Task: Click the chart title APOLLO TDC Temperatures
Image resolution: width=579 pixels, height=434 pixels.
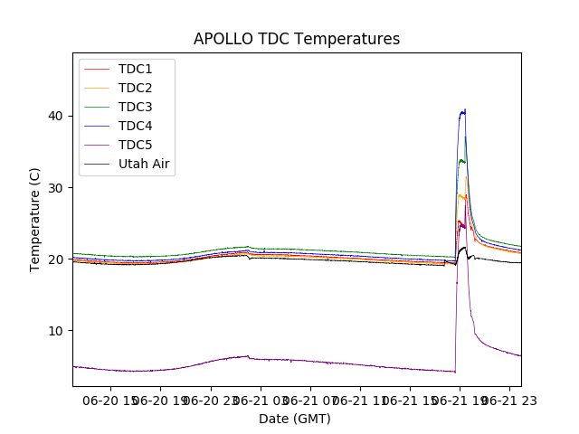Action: pyautogui.click(x=297, y=39)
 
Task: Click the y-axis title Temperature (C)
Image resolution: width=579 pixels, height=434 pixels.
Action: pyautogui.click(x=35, y=220)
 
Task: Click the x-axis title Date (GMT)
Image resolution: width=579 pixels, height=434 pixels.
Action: pyautogui.click(x=295, y=419)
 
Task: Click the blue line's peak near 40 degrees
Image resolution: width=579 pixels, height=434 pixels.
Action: pyautogui.click(x=464, y=110)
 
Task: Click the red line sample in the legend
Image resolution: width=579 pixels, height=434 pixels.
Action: pyautogui.click(x=98, y=70)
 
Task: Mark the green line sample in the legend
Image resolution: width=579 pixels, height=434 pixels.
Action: pyautogui.click(x=98, y=108)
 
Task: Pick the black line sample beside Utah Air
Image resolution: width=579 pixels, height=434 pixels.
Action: pyautogui.click(x=98, y=165)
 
